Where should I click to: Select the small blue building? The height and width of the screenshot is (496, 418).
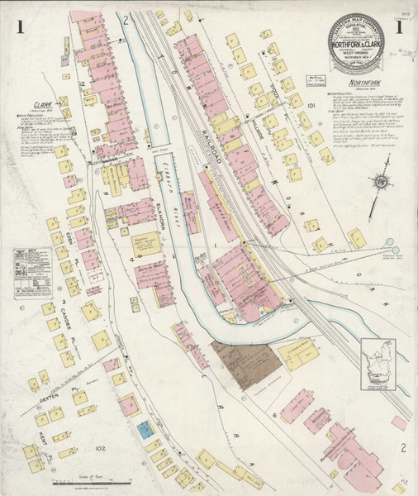(145, 429)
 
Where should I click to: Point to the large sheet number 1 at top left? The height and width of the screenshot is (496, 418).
(19, 27)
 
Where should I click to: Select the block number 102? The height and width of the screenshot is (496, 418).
(101, 447)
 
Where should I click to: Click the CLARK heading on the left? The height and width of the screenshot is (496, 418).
(43, 105)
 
